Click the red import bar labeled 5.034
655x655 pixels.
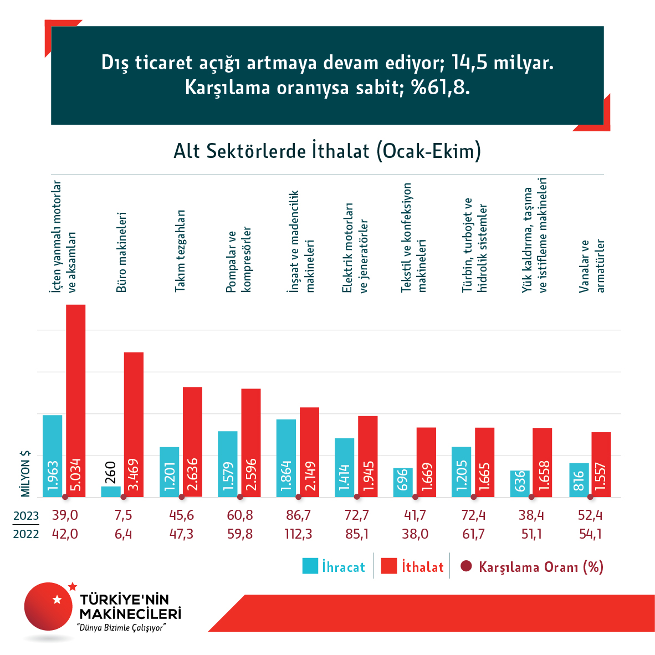tap(76, 399)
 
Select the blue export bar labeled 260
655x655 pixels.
tap(110, 492)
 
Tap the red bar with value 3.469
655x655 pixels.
tap(134, 424)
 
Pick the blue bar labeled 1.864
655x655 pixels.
tap(286, 458)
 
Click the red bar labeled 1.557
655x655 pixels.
tap(601, 464)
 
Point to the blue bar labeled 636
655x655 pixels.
tap(520, 483)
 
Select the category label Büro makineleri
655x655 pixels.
tap(121, 252)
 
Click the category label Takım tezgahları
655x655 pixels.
tap(180, 250)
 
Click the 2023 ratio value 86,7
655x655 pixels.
tap(298, 515)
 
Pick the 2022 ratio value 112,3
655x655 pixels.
tap(298, 534)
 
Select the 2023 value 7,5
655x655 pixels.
tap(123, 515)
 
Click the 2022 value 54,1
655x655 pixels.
tap(590, 534)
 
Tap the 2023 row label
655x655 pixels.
tap(26, 516)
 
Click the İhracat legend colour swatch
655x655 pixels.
tap(310, 566)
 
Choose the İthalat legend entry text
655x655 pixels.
tap(423, 567)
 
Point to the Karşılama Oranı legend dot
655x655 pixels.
tap(466, 566)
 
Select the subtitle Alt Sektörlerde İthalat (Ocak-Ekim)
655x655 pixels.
tap(327, 151)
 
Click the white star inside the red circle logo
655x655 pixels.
tap(56, 599)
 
